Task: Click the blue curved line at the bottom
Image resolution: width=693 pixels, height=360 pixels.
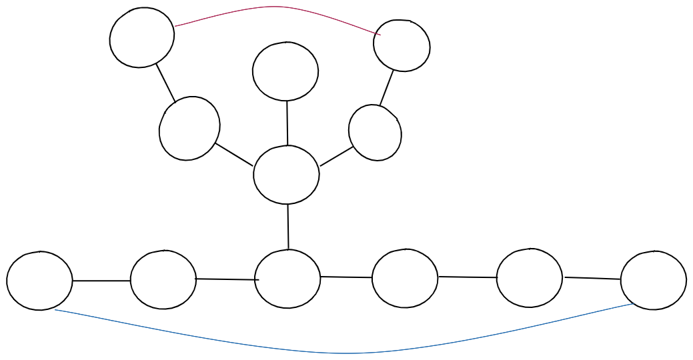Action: coord(347,353)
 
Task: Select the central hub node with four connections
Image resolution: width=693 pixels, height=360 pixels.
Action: coord(286,175)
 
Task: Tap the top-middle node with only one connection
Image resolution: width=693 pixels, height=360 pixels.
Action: coord(285,71)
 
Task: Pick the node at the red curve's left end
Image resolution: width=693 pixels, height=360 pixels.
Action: coord(142,37)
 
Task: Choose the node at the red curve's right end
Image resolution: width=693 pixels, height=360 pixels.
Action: coord(402,45)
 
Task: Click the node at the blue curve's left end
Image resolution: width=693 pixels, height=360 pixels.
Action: coord(39,281)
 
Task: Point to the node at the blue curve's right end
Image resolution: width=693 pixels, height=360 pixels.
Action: coord(653,280)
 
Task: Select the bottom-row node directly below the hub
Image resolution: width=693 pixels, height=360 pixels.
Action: coord(287,279)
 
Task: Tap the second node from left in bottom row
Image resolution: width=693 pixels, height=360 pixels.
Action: coord(163,279)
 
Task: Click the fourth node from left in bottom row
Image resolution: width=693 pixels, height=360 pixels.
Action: coord(405,278)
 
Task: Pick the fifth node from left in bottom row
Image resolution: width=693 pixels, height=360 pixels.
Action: coord(530,278)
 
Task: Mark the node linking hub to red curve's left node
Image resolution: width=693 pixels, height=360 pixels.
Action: coord(189,128)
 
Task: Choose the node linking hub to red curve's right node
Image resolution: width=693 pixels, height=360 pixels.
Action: coord(375,133)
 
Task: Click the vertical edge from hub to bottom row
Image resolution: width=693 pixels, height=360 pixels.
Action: coord(288,227)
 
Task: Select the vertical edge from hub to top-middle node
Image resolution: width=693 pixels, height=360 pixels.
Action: coord(287,123)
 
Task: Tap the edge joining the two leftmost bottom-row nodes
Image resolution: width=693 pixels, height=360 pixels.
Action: coord(101,281)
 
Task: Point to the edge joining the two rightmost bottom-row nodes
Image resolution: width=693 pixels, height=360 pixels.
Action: coord(592,278)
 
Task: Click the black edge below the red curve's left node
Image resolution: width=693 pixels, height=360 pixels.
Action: coord(165,83)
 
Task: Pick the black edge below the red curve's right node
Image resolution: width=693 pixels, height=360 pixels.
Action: coord(387,87)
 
